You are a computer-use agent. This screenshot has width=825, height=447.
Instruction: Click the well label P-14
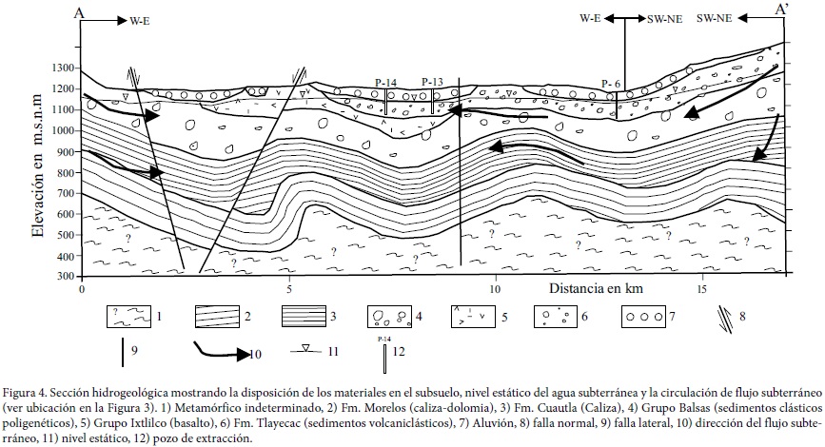tap(386, 83)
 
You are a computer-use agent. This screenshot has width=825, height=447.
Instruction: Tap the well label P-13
tap(432, 83)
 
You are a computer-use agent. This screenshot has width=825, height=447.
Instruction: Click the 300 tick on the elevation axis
tap(65, 277)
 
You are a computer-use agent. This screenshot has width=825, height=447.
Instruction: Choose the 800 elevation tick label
tap(65, 172)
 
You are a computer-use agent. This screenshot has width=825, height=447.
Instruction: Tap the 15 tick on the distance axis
tap(701, 288)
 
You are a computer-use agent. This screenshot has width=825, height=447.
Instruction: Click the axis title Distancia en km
tap(598, 287)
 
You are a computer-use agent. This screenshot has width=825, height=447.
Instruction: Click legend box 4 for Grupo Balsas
tap(392, 315)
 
